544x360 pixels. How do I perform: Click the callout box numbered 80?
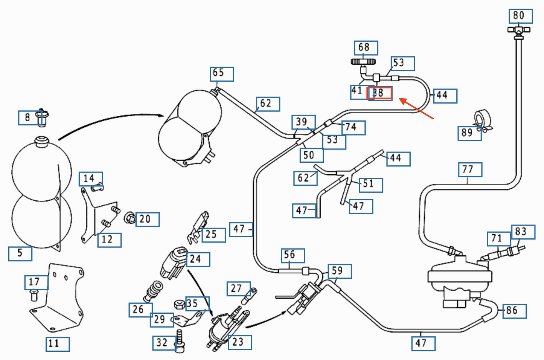coord(520,16)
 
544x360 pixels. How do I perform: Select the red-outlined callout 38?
coord(379,93)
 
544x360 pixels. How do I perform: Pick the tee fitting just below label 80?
coord(518,31)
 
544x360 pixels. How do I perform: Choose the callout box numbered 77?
coord(470,169)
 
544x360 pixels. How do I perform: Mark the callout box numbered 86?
coord(514,311)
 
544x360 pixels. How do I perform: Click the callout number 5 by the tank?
coord(20,253)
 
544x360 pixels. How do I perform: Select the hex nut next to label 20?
coord(130,218)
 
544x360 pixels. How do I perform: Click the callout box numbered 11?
coord(57,344)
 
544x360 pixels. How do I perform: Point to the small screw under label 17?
coord(34,296)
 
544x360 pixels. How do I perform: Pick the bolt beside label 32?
coord(180,341)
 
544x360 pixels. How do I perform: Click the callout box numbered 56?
coord(293,255)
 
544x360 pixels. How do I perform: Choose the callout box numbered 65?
coord(221,74)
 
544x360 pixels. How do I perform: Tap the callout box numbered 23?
coord(240,342)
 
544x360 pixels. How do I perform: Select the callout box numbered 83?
coord(523,232)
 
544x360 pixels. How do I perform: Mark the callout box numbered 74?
coord(353,128)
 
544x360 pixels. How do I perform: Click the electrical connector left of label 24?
coord(173,262)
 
